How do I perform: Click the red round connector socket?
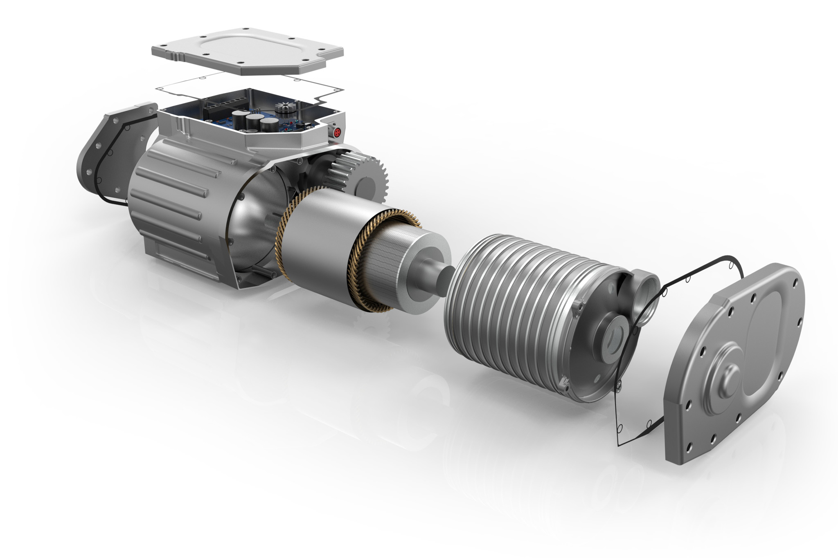(x=338, y=132)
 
